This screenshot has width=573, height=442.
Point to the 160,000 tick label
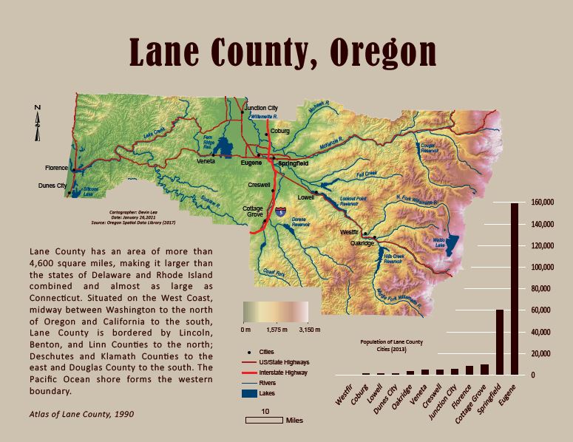(542, 202)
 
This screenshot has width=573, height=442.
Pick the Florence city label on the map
(56, 168)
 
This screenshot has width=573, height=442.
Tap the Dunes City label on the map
(52, 186)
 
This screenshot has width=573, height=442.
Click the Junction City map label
(261, 107)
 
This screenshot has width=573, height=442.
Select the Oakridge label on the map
(363, 242)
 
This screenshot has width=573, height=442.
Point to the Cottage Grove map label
(253, 212)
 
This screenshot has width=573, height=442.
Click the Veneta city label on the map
(206, 161)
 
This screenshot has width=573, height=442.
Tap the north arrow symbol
(38, 123)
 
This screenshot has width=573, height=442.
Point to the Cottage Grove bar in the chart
(484, 369)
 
